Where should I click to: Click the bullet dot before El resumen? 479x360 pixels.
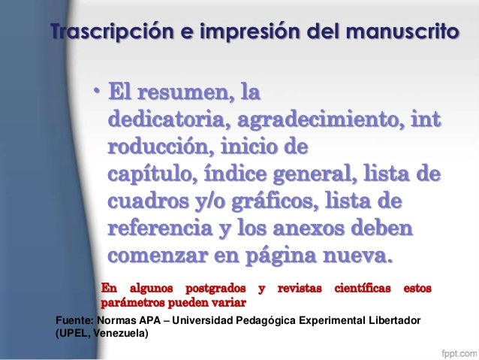tap(96, 94)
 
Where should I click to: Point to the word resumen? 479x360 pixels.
tap(186, 96)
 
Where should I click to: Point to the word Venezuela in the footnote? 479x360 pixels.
tap(120, 335)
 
